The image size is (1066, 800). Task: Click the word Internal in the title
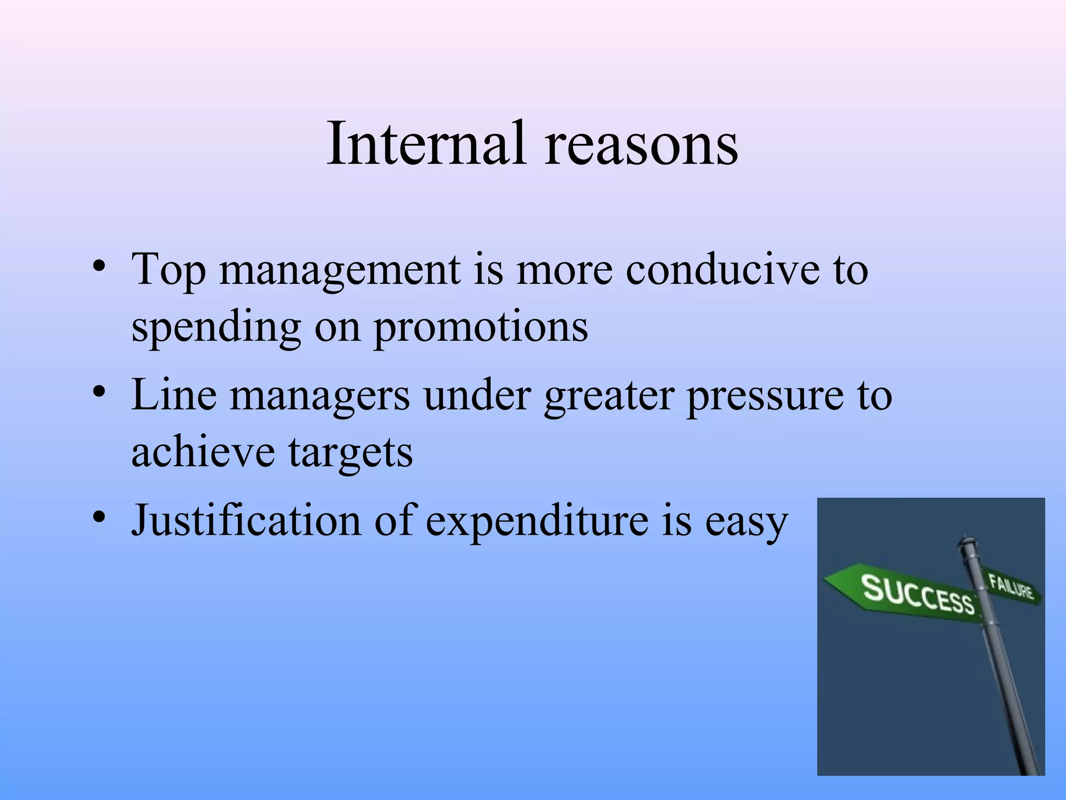(x=426, y=143)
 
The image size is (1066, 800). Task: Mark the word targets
(x=351, y=452)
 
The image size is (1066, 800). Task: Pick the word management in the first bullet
(x=340, y=270)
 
